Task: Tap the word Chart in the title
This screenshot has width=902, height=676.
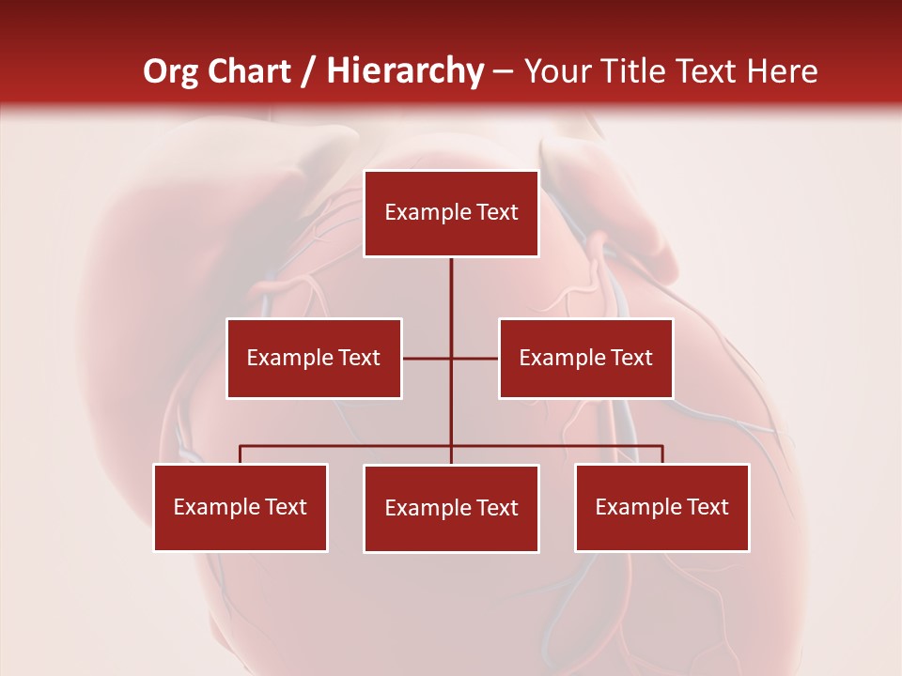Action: [249, 72]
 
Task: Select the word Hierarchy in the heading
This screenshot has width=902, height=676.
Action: [405, 72]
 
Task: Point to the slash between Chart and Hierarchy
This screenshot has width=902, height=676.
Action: [309, 72]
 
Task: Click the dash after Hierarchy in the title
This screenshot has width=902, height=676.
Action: [504, 72]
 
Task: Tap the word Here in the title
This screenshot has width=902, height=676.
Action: [782, 72]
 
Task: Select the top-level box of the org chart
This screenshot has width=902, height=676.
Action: [451, 213]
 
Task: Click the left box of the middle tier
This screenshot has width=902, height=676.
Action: [314, 358]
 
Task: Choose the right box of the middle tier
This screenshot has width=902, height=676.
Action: [585, 358]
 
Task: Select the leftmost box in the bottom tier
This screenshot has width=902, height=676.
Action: [241, 507]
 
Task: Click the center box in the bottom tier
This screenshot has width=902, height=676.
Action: [451, 508]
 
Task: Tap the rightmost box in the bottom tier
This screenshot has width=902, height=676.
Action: [661, 507]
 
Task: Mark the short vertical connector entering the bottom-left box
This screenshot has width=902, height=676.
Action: [241, 454]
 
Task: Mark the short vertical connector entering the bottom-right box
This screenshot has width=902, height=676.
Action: [661, 454]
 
